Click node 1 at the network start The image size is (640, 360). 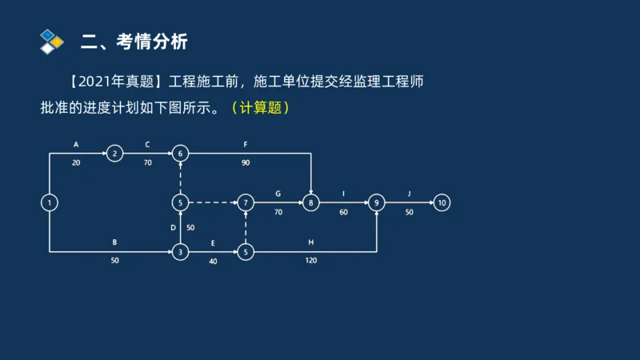(50, 203)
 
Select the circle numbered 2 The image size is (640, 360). (115, 154)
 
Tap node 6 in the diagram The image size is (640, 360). (181, 154)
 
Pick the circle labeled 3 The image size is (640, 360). (181, 253)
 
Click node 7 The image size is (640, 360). (246, 203)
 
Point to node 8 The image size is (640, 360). (310, 203)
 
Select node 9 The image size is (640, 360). (376, 203)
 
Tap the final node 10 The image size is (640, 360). (442, 203)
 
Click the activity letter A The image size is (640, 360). (76, 145)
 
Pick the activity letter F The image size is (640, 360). (246, 145)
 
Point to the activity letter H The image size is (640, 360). (310, 242)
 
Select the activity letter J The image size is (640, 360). (409, 193)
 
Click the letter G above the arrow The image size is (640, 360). (278, 193)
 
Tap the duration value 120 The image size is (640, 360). (310, 262)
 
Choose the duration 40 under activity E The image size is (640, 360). (213, 262)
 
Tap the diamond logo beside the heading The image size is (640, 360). (51, 41)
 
